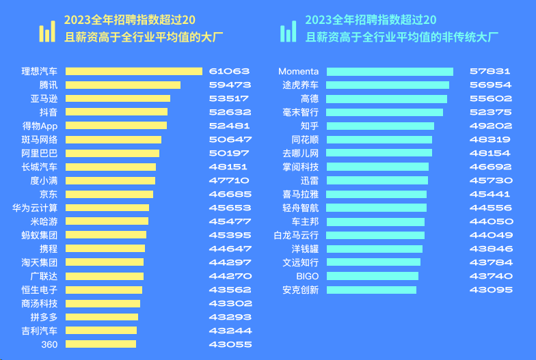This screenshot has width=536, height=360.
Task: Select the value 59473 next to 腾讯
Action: tap(230, 85)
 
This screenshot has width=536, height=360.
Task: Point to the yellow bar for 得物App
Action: tap(116, 126)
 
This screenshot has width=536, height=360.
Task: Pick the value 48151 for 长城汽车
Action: tap(230, 167)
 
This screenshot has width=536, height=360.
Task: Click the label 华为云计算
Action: tap(35, 208)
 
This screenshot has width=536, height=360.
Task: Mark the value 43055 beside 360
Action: tap(230, 344)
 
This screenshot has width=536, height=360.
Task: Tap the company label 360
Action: tap(49, 344)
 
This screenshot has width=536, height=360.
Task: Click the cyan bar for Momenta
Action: tap(390, 71)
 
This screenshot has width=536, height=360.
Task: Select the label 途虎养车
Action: tap(301, 85)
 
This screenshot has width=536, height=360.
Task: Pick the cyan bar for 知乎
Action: tap(380, 126)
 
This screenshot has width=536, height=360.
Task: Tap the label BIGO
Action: tap(307, 276)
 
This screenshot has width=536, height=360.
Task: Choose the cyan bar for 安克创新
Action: tap(371, 290)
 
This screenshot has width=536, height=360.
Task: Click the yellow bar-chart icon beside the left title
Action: tap(47, 31)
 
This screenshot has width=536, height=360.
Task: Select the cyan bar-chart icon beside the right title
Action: tap(289, 31)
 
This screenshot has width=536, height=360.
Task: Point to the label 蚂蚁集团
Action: tap(40, 235)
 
